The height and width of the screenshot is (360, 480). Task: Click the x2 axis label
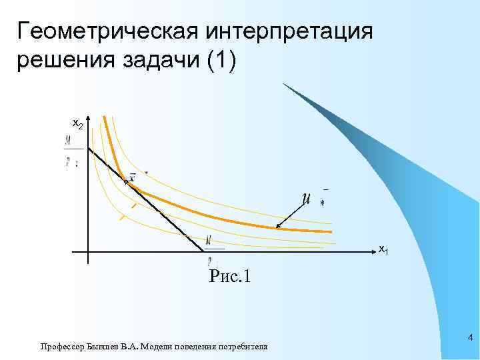pyautogui.click(x=77, y=124)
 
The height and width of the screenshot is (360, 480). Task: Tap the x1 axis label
pyautogui.click(x=383, y=249)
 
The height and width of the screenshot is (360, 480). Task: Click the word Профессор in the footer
pyautogui.click(x=61, y=347)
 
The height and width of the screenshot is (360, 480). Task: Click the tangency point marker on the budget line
pyautogui.click(x=125, y=181)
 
